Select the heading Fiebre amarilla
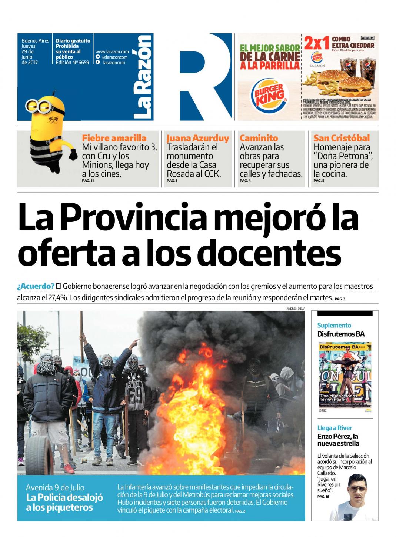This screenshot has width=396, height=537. click(x=114, y=138)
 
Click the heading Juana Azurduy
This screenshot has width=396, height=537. click(x=198, y=138)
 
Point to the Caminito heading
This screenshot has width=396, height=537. click(x=259, y=138)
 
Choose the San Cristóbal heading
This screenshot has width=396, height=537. click(x=341, y=138)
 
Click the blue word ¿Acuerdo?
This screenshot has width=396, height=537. click(x=36, y=286)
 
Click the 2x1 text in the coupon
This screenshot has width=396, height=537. click(x=316, y=44)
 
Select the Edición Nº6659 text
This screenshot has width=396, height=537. click(x=72, y=63)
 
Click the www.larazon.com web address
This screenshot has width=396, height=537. click(x=112, y=52)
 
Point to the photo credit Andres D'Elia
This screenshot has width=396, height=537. click(x=296, y=308)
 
